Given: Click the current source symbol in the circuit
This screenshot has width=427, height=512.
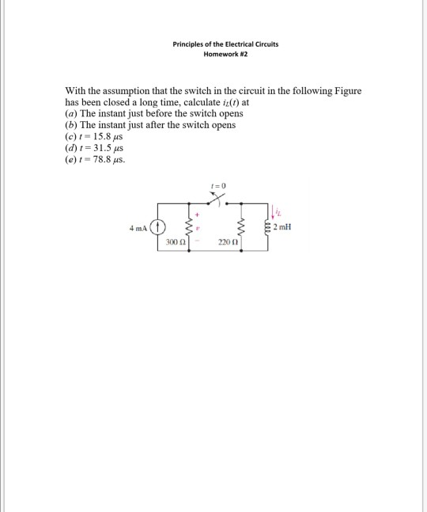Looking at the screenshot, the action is [158, 227].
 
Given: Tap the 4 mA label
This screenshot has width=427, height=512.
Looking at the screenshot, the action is [138, 228].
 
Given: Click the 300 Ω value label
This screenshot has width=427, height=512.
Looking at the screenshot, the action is [176, 241].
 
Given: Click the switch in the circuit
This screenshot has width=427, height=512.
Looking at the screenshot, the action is [215, 196].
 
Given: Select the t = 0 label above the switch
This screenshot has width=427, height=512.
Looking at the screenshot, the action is [219, 184].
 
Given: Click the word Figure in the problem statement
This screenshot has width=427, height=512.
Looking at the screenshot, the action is [346, 91].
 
